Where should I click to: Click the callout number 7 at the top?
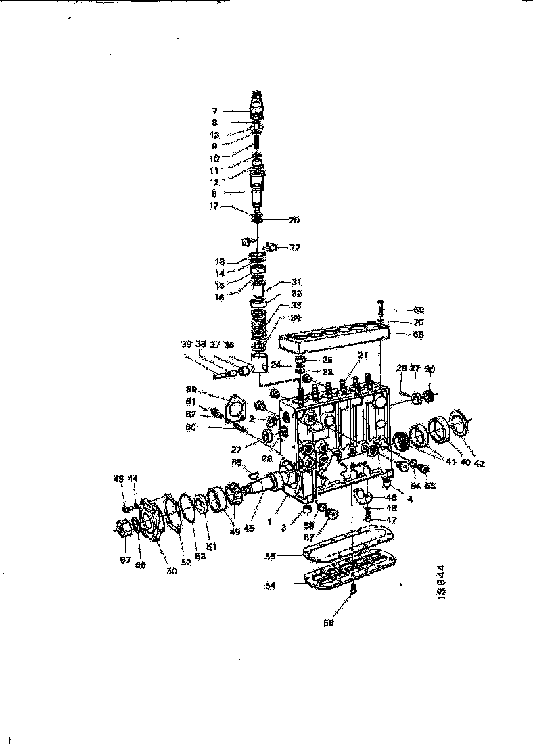[214, 110]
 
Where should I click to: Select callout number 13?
[214, 134]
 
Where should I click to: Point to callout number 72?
[294, 248]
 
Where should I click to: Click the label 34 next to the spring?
[296, 317]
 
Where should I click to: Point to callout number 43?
[118, 479]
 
